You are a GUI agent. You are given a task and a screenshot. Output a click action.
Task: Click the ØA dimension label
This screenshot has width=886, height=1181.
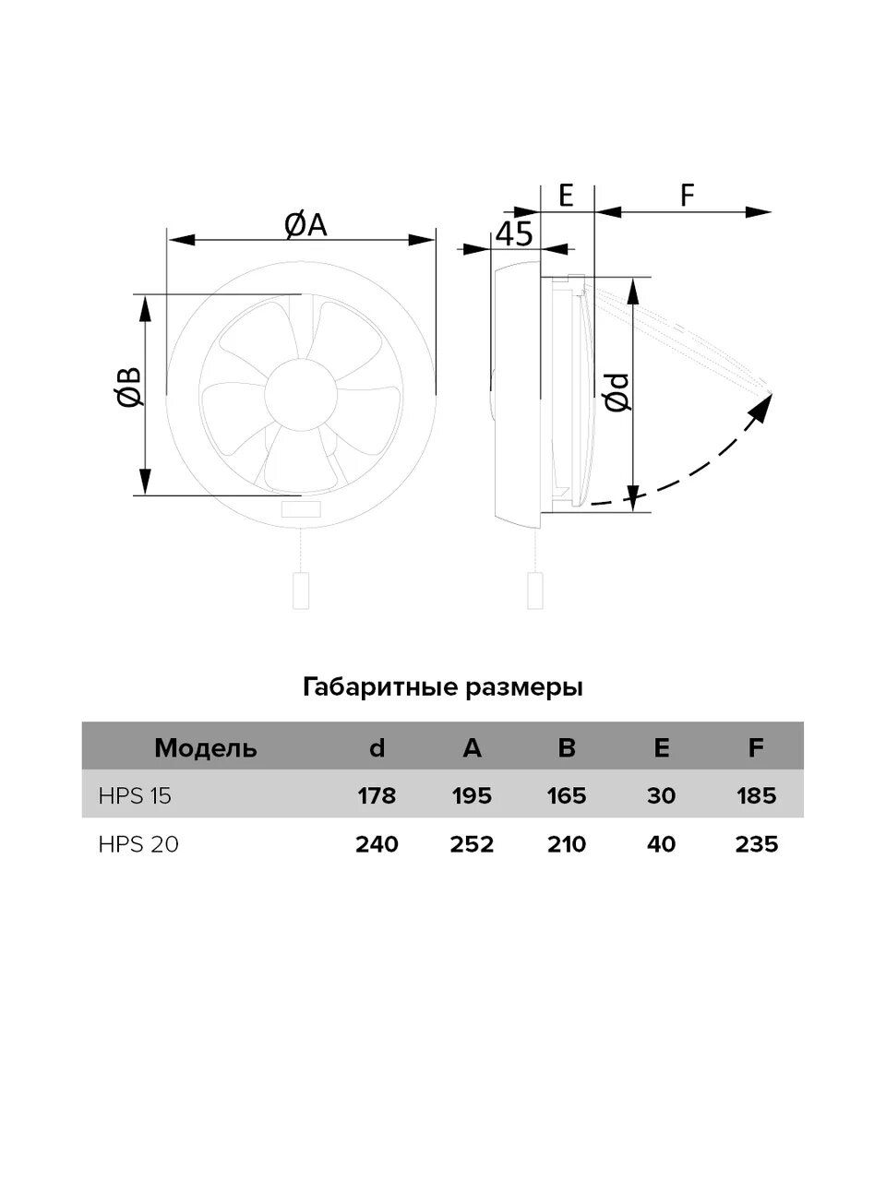[x=305, y=225]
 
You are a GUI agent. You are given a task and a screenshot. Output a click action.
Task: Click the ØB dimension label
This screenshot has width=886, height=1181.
[x=129, y=387]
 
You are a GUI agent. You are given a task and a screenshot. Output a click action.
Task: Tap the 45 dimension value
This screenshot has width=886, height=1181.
[x=514, y=233]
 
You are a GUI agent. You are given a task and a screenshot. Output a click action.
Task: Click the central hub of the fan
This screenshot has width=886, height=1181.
[x=301, y=392]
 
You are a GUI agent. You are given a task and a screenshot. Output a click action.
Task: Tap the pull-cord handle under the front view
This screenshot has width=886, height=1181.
[x=301, y=590]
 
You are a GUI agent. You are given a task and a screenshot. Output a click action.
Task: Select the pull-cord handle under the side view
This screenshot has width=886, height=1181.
[x=535, y=590]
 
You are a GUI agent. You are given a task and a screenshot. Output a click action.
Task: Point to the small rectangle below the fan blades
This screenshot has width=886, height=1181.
[x=301, y=508]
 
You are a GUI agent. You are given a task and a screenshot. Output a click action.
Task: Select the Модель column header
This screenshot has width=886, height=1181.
[x=206, y=748]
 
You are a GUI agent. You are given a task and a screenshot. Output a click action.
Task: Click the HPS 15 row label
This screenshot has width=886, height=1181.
[x=135, y=795]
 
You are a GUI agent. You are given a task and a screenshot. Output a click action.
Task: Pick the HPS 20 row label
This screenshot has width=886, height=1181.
[x=138, y=844]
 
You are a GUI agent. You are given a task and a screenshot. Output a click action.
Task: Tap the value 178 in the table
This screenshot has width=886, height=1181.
[x=377, y=795]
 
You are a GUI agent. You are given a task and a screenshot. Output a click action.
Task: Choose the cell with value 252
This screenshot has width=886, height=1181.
[x=472, y=844]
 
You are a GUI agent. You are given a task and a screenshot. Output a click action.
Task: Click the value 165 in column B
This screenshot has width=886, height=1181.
[x=567, y=795]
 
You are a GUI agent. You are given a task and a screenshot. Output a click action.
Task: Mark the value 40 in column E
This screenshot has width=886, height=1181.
[x=661, y=844]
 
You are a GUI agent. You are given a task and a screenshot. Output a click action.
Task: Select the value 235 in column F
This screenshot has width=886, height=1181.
[x=757, y=844]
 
